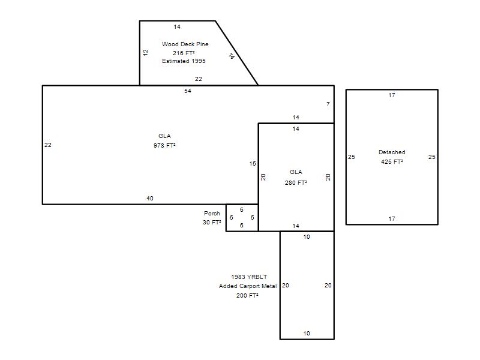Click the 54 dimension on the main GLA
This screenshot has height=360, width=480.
188,91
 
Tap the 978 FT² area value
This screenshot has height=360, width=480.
164,145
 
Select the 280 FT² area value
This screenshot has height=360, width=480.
296,183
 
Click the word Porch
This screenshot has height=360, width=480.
212,213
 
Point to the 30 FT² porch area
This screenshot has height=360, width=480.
212,222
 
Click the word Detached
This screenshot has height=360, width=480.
392,152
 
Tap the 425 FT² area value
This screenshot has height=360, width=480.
392,161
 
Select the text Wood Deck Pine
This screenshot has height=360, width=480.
185,44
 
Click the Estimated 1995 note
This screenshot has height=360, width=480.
184,61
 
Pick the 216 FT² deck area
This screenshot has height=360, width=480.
184,53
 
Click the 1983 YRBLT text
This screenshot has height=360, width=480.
249,277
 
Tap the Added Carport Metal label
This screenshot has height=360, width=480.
248,286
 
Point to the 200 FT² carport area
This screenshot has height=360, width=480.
247,295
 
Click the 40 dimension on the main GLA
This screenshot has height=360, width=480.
149,199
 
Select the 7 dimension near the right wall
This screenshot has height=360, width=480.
328,104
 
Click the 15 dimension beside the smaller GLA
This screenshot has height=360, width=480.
252,163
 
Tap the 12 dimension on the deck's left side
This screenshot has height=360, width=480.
145,52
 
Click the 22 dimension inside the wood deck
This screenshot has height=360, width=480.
199,79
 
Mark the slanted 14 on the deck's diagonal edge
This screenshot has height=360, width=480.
232,56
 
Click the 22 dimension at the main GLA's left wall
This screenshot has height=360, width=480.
48,145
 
